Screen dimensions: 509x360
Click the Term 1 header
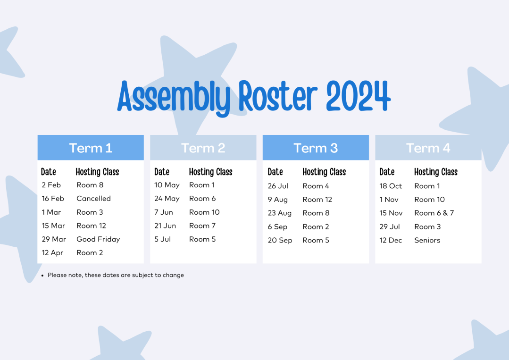click(x=91, y=148)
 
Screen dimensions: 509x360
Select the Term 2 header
click(x=203, y=148)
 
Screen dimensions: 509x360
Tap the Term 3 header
click(x=316, y=148)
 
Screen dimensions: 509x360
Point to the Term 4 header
click(x=428, y=148)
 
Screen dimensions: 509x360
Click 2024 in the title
click(x=359, y=96)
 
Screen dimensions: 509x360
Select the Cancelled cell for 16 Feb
click(x=93, y=198)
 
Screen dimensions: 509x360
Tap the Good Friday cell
click(x=98, y=239)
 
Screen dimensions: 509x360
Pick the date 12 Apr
click(x=52, y=253)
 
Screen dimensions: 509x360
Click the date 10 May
click(x=167, y=185)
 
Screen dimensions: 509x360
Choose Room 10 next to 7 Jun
click(x=205, y=212)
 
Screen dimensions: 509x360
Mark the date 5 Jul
click(x=163, y=239)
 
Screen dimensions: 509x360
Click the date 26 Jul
click(x=278, y=186)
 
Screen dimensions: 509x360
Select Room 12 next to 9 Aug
click(x=317, y=200)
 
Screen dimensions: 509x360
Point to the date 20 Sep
click(x=280, y=240)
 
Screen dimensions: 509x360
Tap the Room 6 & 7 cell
click(x=434, y=213)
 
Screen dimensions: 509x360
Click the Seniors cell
click(x=427, y=240)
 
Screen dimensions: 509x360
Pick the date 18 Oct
click(x=391, y=186)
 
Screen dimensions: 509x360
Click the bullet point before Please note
click(x=42, y=276)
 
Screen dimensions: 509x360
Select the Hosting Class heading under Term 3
click(x=324, y=172)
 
